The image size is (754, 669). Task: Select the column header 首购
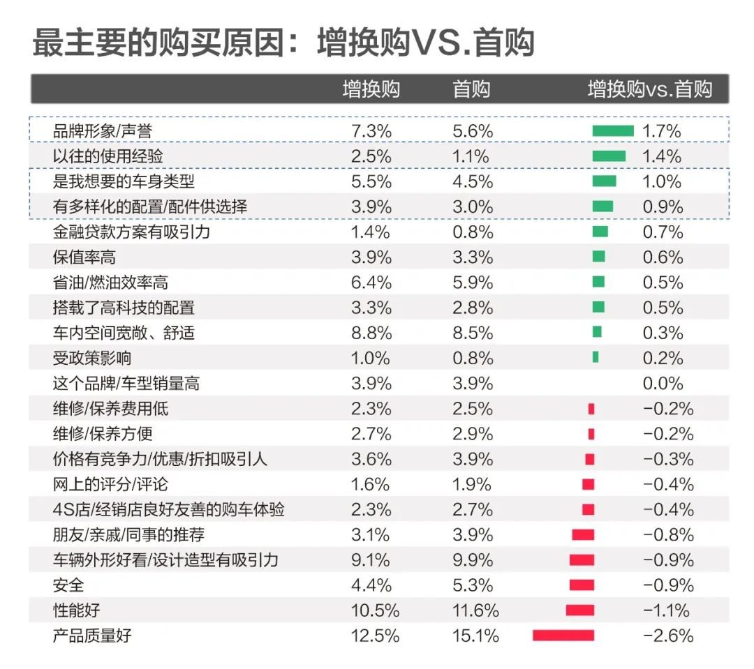(471, 89)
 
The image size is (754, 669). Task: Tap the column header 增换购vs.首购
(649, 89)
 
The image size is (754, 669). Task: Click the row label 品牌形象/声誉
(103, 130)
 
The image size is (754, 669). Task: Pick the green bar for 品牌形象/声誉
(612, 130)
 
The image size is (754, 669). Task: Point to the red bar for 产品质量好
(563, 636)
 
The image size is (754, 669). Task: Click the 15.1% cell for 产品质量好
(475, 636)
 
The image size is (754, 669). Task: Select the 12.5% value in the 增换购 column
(376, 636)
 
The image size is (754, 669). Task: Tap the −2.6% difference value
(667, 636)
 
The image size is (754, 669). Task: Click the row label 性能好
(77, 610)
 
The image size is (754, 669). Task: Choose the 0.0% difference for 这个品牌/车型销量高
(663, 383)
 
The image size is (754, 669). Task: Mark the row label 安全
(68, 585)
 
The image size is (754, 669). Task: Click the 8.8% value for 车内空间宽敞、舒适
(371, 333)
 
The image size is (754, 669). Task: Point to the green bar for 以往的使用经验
(609, 156)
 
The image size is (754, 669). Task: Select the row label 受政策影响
(92, 358)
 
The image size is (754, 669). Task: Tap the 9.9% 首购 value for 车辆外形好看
(472, 560)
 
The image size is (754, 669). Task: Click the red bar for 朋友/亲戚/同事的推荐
(583, 535)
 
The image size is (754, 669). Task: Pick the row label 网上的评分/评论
(110, 484)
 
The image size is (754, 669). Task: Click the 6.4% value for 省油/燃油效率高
(371, 283)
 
